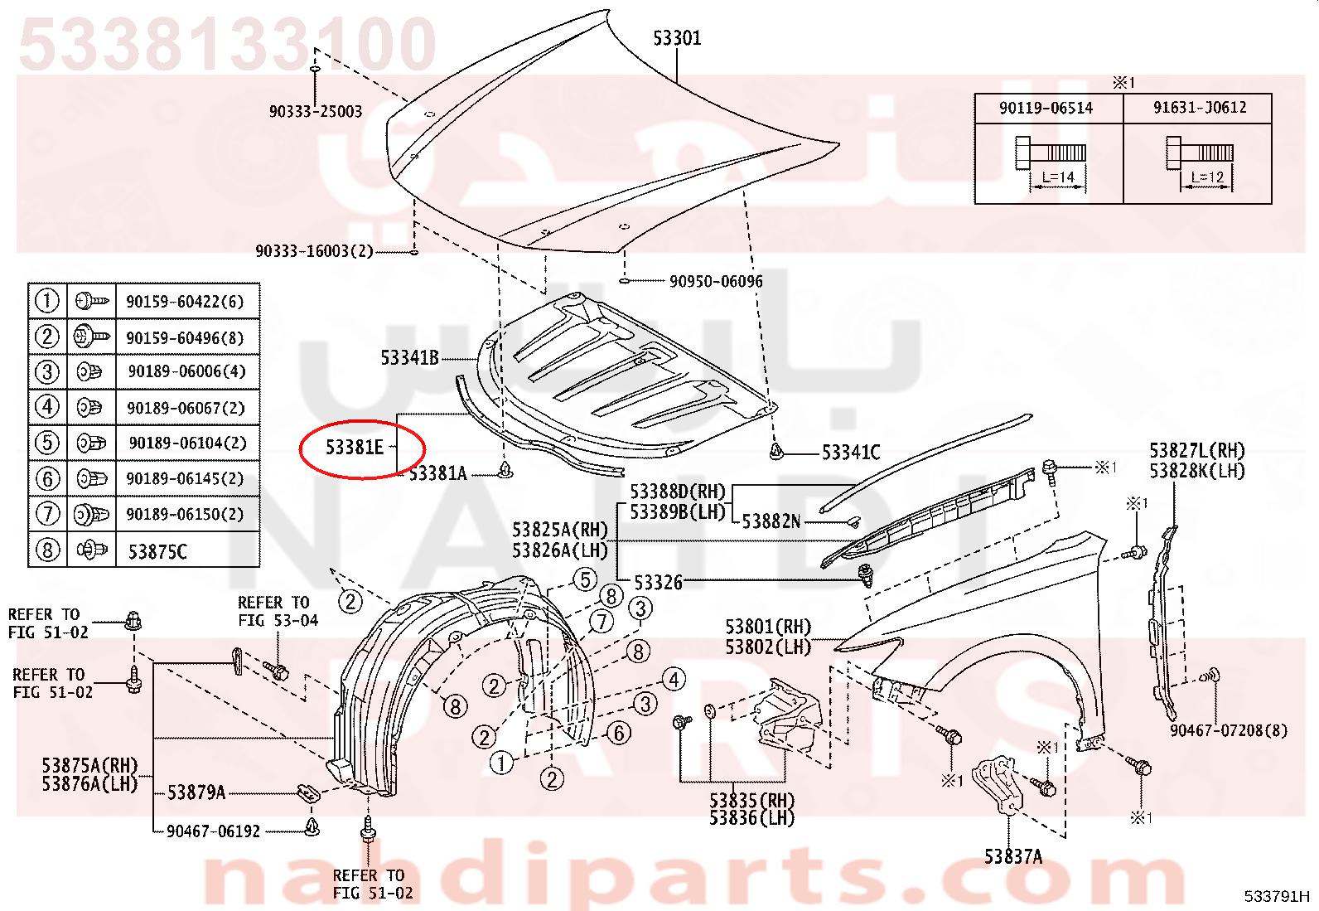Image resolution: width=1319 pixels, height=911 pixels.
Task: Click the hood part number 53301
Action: coord(677,38)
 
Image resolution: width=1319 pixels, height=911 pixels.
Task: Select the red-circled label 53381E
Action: coord(355,448)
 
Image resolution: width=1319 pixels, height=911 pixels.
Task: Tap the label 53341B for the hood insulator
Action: coord(410,357)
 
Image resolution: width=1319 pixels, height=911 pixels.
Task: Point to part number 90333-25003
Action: coord(316,111)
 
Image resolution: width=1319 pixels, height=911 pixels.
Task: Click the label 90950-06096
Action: coord(716,281)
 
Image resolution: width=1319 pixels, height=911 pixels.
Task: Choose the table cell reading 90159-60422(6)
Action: coord(185,302)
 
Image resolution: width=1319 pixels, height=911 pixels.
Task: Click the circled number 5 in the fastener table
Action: coord(47,443)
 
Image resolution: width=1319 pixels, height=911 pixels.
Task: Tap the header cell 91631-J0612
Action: coord(1200,107)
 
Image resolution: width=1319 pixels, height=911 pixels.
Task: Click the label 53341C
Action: coord(851,452)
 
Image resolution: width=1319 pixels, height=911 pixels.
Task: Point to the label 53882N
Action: coord(771,521)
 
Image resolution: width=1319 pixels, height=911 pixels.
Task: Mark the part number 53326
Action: coord(659,582)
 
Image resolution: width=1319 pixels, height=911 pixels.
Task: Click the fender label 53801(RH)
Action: coord(768,627)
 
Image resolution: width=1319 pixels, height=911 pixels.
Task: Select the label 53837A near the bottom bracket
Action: coord(1013,856)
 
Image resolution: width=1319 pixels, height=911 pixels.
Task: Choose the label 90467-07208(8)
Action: coord(1229,730)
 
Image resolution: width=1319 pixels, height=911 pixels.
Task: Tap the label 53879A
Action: coord(196,792)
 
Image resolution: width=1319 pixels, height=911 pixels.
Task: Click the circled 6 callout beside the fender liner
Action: coord(619,733)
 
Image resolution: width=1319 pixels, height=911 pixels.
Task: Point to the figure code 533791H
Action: coord(1277,896)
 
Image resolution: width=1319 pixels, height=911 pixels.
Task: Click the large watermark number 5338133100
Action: coord(228,44)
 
